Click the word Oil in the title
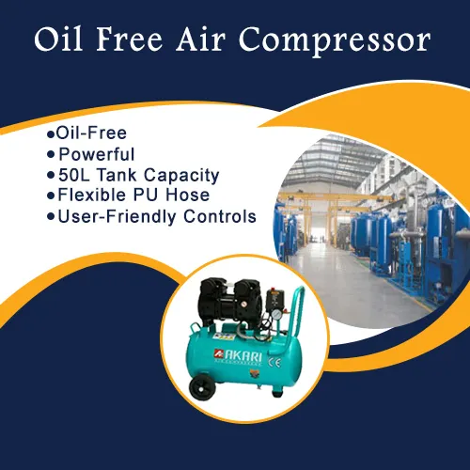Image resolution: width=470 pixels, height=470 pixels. [x=58, y=39]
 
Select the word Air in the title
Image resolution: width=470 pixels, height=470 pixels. [x=201, y=39]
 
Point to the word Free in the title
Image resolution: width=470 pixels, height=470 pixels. [x=130, y=39]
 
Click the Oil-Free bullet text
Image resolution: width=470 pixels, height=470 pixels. [x=91, y=133]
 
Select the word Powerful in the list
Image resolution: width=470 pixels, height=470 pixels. [x=97, y=154]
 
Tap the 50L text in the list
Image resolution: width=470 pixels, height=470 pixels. [x=74, y=175]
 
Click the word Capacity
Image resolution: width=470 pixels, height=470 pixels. [x=181, y=176]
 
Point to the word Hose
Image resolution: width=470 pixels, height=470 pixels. [x=188, y=195]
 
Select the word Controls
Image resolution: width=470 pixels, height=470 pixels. [x=220, y=216]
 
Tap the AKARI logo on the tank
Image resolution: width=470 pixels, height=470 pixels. [x=238, y=357]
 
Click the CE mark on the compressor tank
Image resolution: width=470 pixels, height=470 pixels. [x=274, y=362]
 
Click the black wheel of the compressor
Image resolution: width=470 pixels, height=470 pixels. [x=203, y=386]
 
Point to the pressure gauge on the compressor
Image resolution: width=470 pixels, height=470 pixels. [x=276, y=314]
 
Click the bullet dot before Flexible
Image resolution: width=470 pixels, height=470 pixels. [x=51, y=196]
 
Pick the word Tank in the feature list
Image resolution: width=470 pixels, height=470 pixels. [x=117, y=175]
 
